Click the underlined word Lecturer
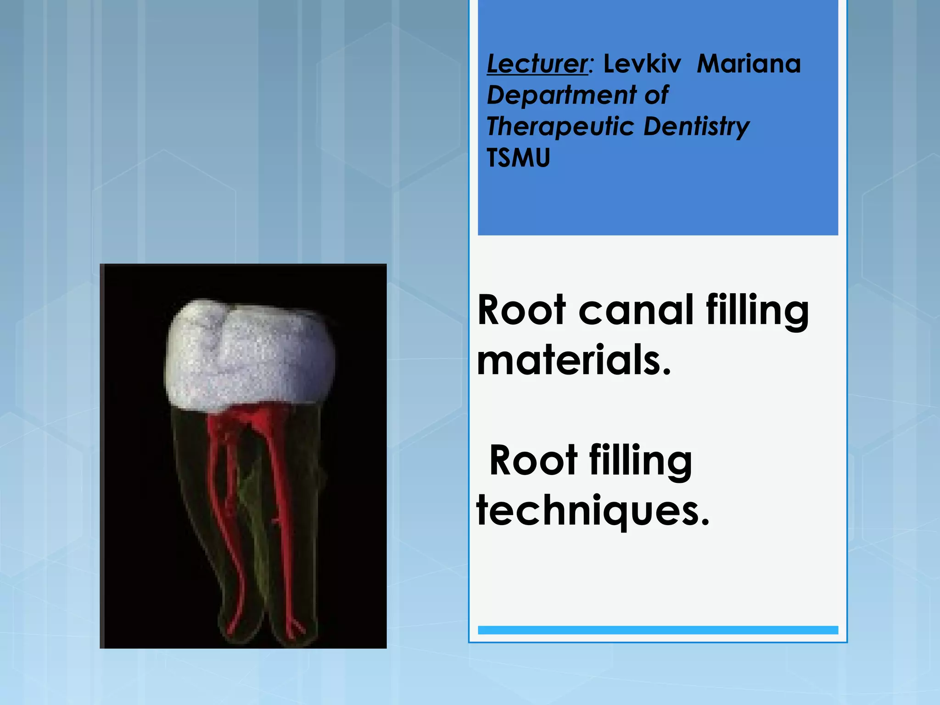tap(537, 63)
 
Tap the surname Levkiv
tap(642, 63)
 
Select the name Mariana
tap(749, 63)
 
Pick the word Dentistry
tap(696, 127)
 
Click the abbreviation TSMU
tap(518, 158)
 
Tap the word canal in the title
tap(636, 310)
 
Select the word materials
tap(574, 360)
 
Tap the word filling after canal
tap(757, 310)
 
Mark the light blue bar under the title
tap(658, 630)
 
